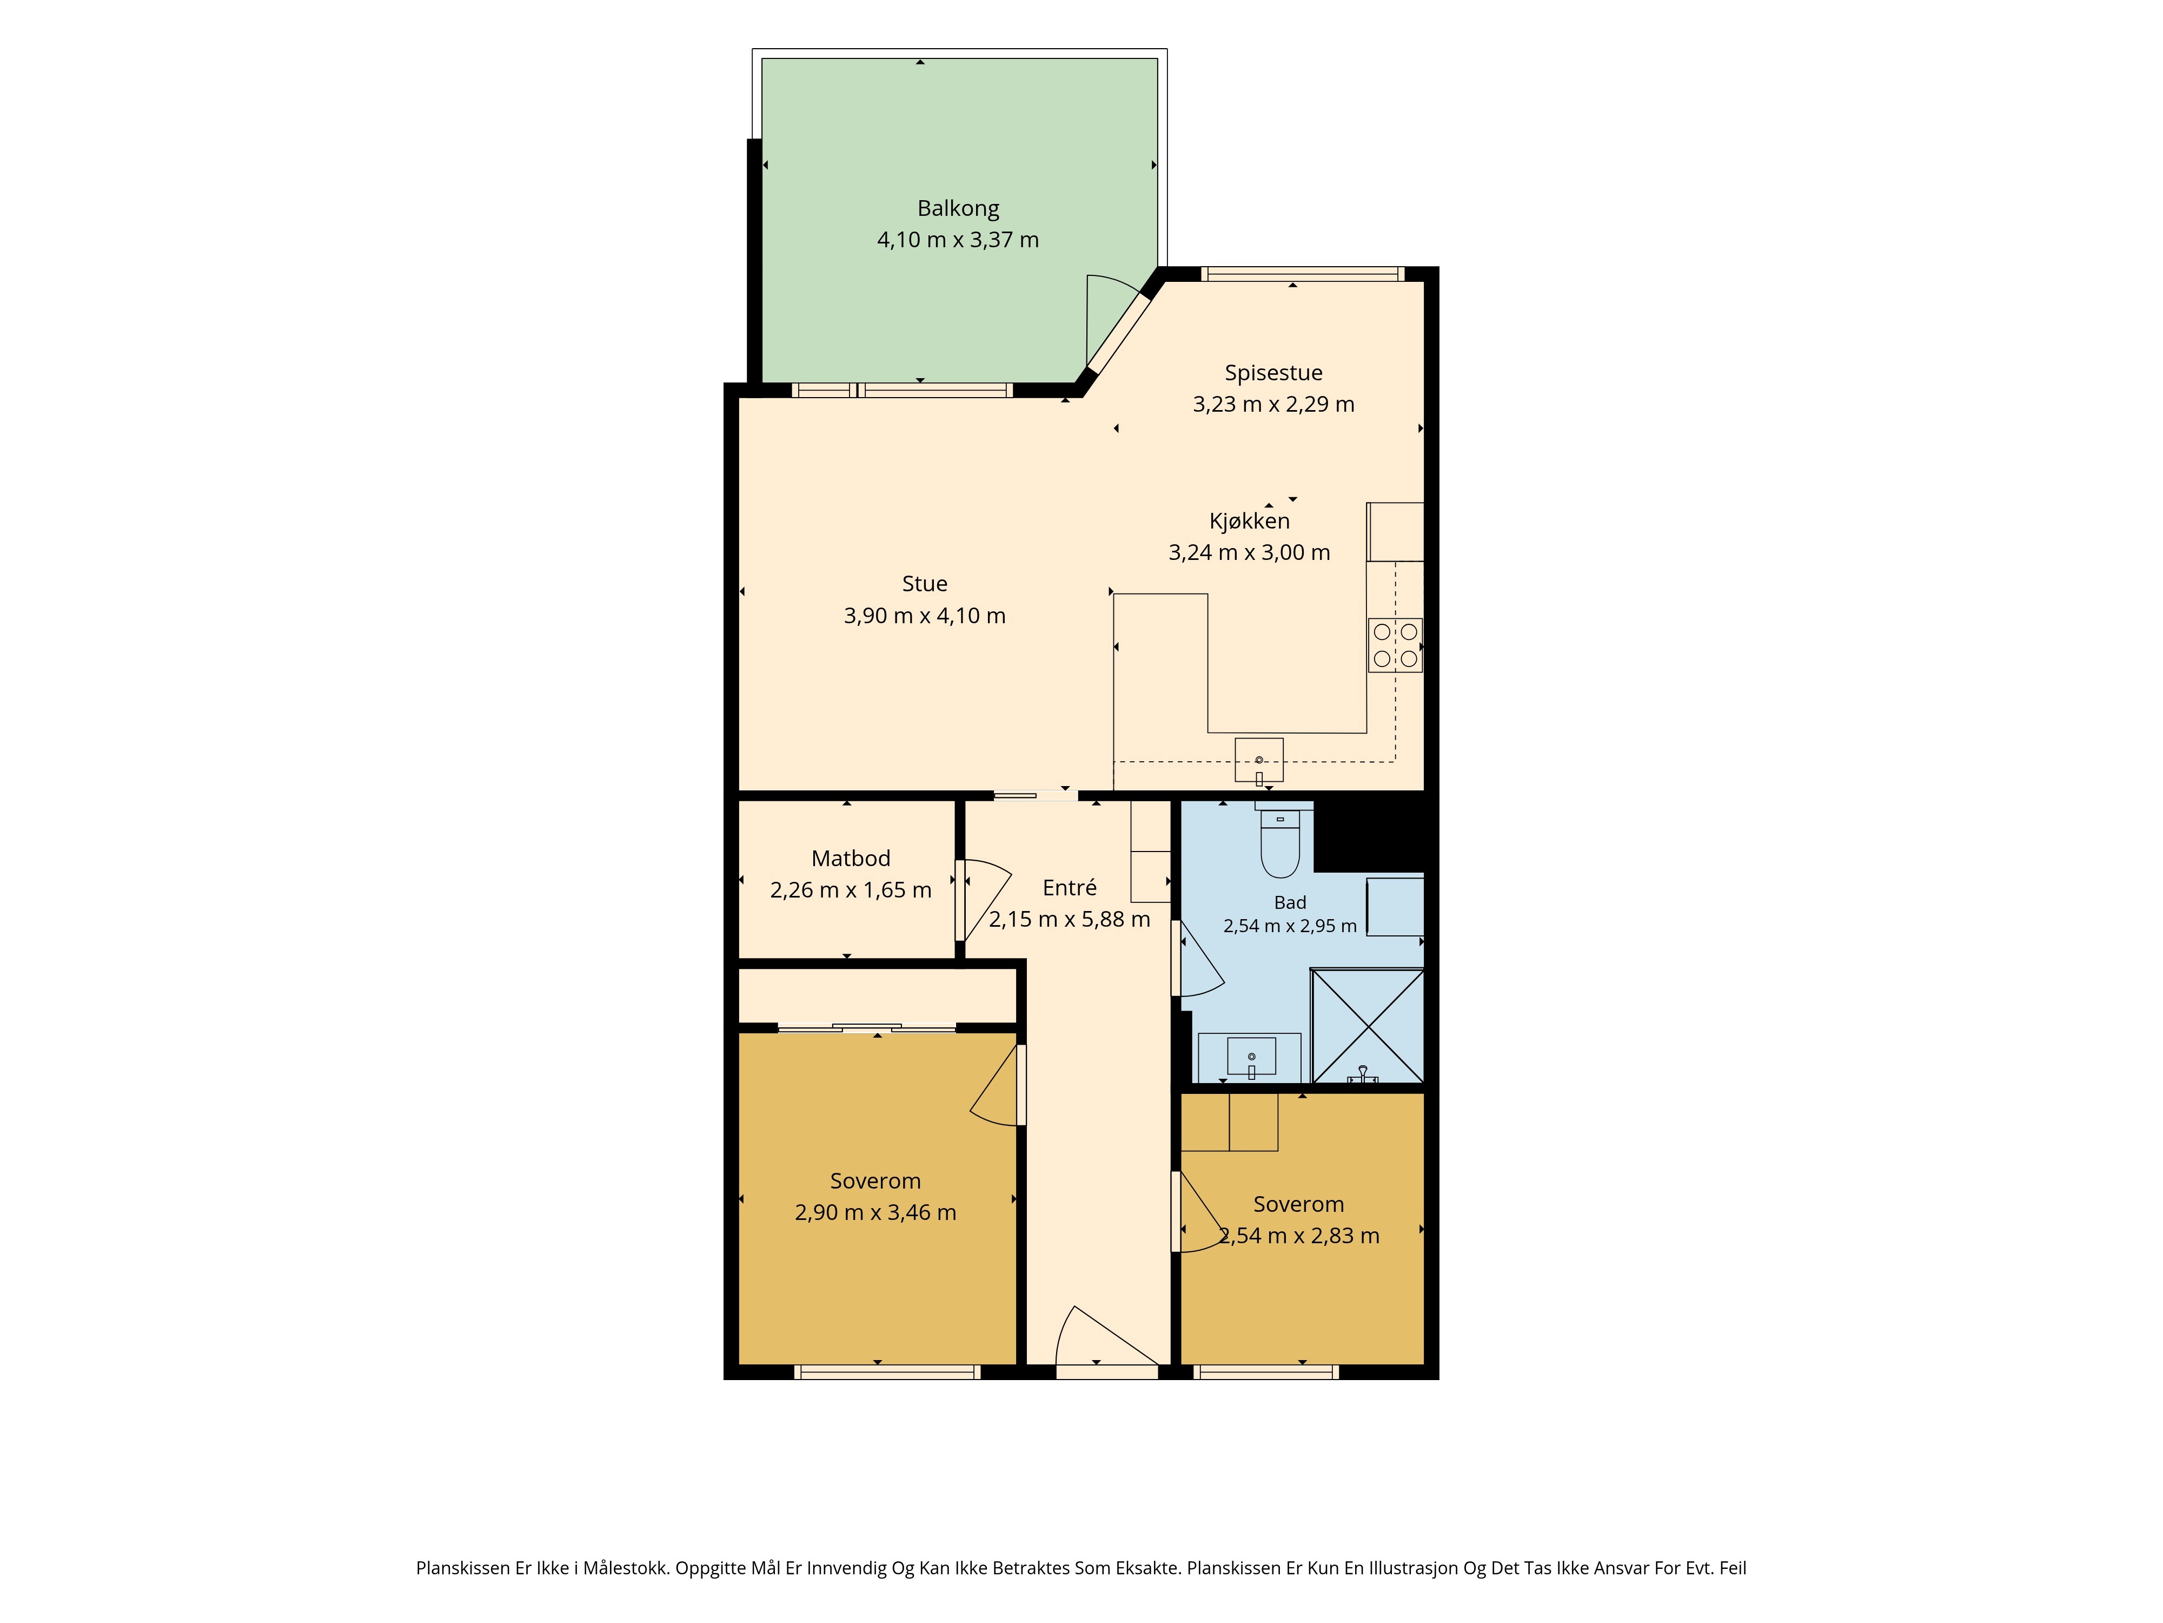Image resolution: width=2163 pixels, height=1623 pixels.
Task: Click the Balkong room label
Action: click(958, 208)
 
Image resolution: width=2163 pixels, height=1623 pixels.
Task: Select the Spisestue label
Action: click(1273, 373)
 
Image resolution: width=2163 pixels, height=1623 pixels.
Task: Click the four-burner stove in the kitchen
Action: click(1395, 645)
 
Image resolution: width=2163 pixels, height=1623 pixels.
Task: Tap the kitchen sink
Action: click(1258, 760)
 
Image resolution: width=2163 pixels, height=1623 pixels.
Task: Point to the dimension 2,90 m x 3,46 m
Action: click(875, 1213)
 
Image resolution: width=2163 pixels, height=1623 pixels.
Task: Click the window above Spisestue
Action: click(1303, 274)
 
